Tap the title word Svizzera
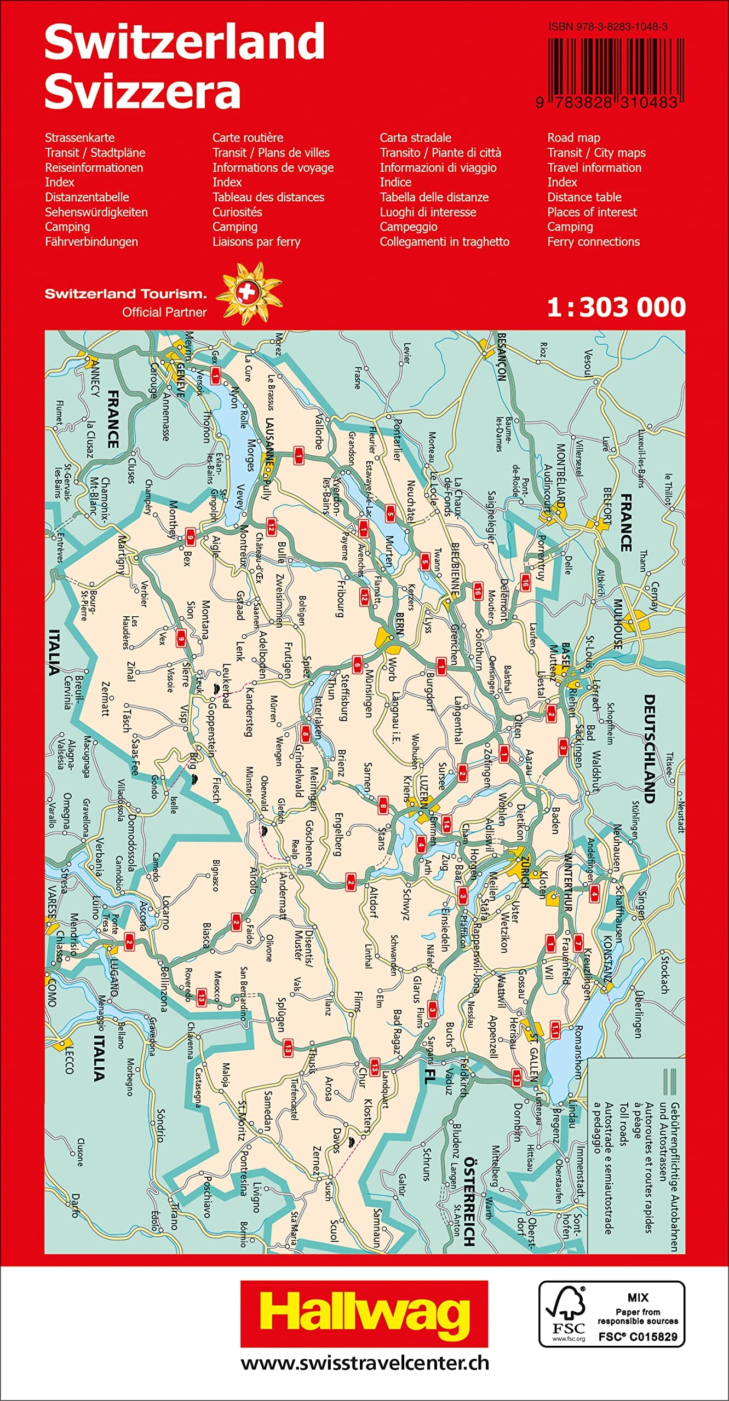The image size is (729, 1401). [x=142, y=91]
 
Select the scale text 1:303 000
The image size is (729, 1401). [x=616, y=307]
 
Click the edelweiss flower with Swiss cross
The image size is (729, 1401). [x=248, y=293]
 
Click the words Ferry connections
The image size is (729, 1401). [x=593, y=241]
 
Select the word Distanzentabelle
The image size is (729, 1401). [x=87, y=197]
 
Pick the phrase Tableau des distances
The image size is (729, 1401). [x=268, y=197]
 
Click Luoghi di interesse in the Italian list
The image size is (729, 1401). [x=428, y=212]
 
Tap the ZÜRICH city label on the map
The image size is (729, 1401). [x=524, y=871]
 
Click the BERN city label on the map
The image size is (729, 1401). [x=399, y=623]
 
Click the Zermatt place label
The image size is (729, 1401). [x=105, y=699]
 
